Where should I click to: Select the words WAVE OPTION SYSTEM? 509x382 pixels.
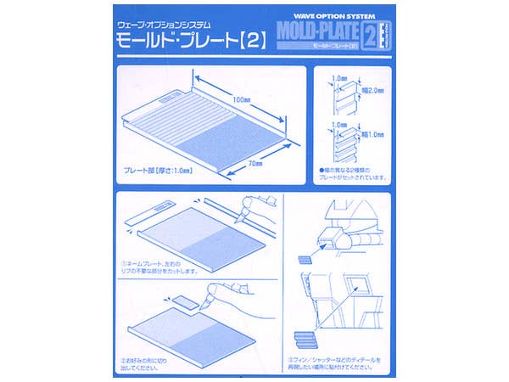339,14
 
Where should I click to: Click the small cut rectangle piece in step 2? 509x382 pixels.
181,301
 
